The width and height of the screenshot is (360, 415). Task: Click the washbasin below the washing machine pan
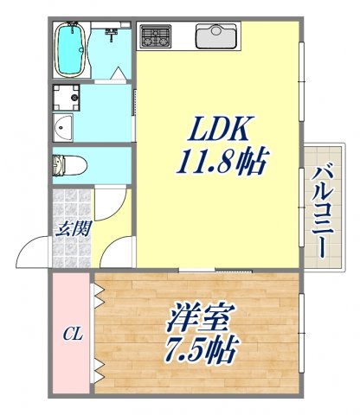point(65,129)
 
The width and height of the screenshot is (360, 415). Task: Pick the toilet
point(72,163)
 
